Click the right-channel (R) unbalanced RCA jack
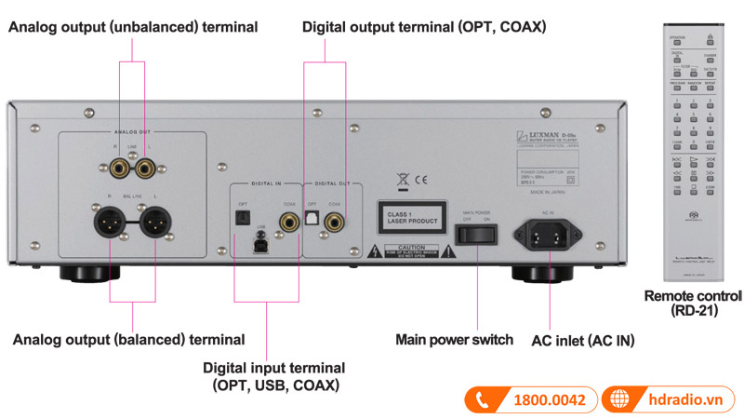click(122, 169)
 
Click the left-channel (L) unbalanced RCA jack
click(144, 169)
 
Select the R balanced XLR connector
click(109, 223)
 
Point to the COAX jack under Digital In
click(286, 222)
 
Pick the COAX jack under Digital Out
click(346, 222)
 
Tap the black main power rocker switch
click(476, 231)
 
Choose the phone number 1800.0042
click(549, 400)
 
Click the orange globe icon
click(620, 400)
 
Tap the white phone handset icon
click(483, 400)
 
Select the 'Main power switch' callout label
click(454, 340)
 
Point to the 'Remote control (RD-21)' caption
click(693, 304)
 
